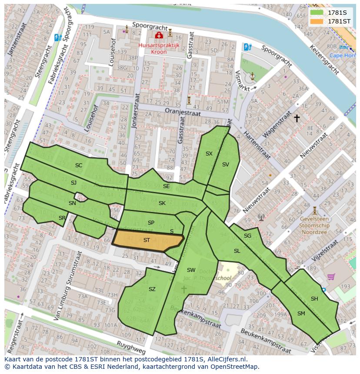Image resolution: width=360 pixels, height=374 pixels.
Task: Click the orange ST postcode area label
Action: (147, 240)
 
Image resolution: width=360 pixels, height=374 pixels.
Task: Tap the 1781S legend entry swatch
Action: (317, 13)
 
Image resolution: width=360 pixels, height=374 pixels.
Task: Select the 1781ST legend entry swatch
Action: (317, 21)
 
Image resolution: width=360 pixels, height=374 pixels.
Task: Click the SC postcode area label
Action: (79, 165)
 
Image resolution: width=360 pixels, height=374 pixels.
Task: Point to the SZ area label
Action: (152, 289)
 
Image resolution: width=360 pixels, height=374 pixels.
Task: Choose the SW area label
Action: (191, 270)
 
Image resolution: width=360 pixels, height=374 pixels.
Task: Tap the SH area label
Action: (314, 298)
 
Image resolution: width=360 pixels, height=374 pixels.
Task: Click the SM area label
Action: (301, 313)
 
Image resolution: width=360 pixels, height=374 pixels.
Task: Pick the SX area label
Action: (209, 153)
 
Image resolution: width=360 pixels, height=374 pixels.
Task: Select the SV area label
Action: (225, 164)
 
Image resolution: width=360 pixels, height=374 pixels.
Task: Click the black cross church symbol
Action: (297, 118)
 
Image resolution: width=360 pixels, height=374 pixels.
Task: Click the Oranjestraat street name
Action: (183, 112)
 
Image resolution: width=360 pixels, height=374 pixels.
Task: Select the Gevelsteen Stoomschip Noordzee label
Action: (315, 226)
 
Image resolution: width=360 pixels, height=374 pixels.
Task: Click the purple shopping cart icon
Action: (331, 276)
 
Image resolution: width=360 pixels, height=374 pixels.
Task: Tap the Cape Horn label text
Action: (342, 55)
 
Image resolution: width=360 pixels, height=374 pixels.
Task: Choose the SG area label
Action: (247, 235)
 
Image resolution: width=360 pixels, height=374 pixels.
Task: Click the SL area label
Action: (237, 251)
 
